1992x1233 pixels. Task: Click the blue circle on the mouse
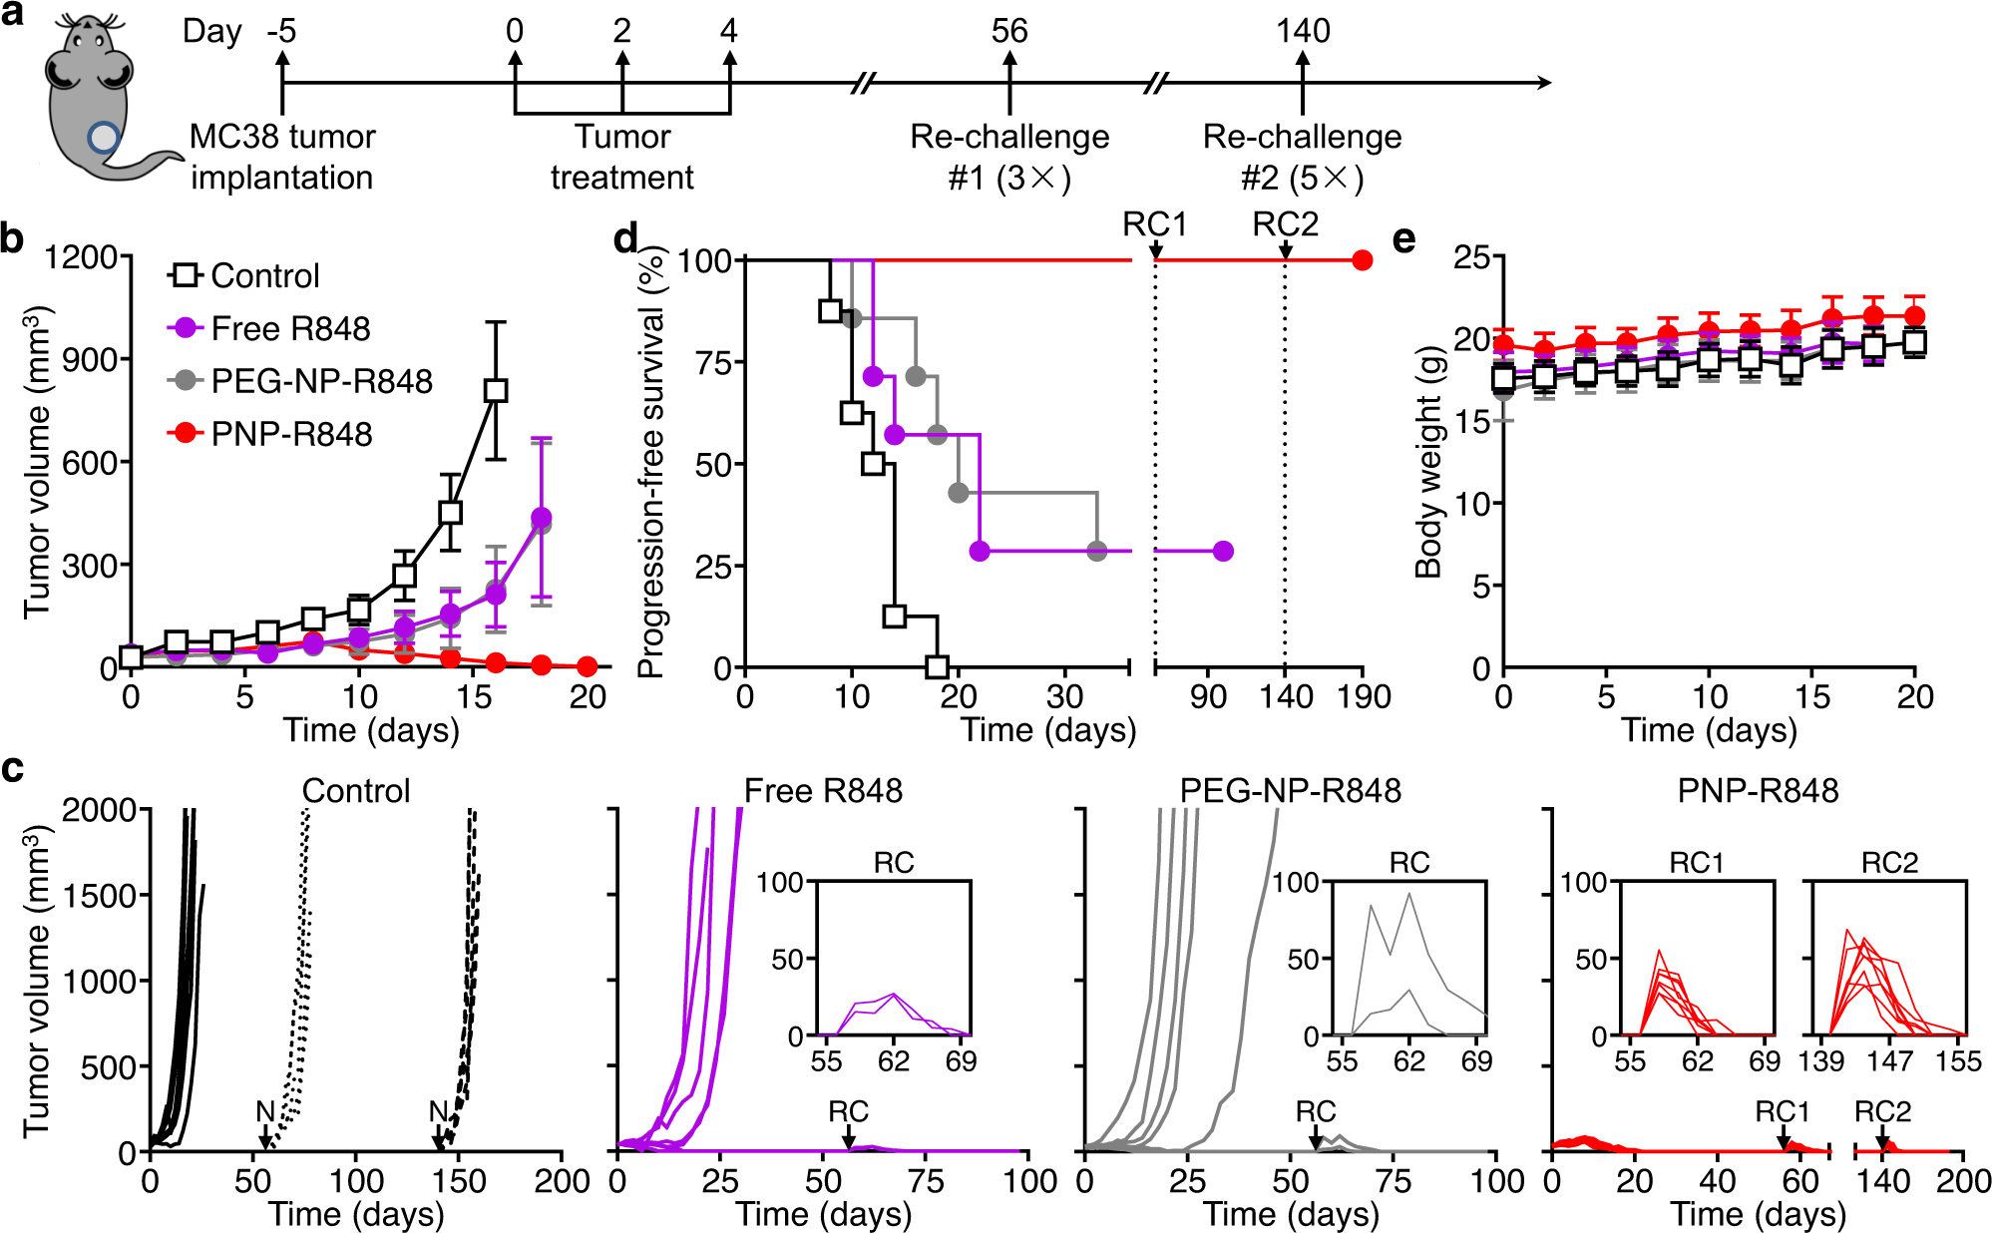(103, 138)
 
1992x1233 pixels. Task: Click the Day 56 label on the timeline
(1008, 31)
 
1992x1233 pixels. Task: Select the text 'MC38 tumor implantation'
(282, 157)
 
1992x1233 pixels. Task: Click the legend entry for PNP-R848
(271, 434)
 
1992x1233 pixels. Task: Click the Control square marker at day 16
(496, 390)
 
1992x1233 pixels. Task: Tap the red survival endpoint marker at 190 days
(1363, 260)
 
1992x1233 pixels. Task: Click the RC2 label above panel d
(1285, 224)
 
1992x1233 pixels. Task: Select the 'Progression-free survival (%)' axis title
(650, 464)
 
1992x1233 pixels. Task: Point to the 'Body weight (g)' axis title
(1428, 461)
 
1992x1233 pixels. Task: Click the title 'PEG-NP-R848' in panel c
(1290, 791)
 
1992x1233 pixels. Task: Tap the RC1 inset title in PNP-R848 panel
(1696, 863)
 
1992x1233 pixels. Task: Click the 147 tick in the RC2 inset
(1889, 1061)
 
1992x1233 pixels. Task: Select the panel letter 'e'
(1403, 239)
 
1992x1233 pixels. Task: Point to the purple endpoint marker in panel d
(1224, 551)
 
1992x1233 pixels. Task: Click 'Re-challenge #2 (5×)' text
(1302, 157)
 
